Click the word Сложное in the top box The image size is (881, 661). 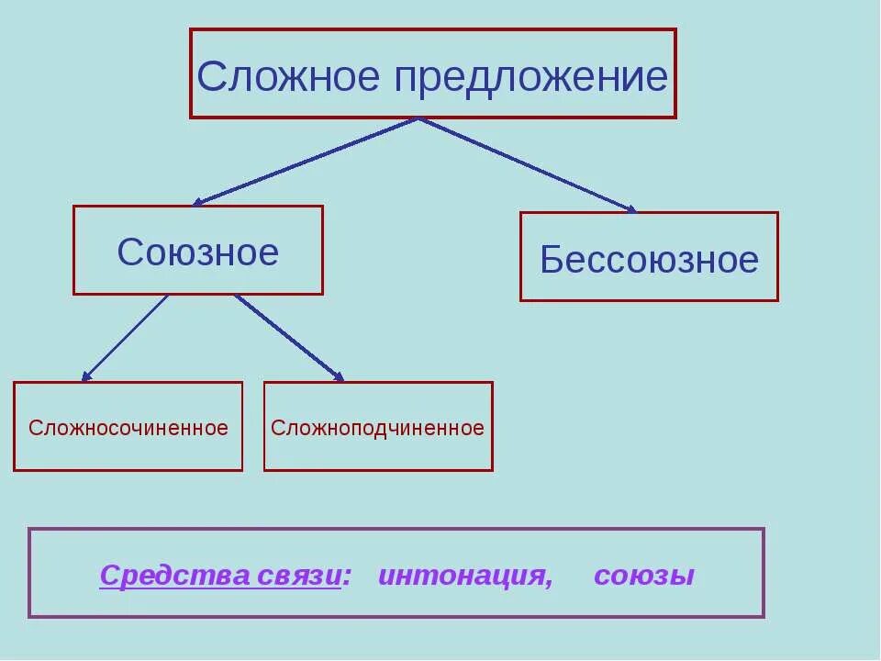288,77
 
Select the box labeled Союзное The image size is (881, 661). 198,251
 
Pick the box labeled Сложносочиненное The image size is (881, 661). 128,427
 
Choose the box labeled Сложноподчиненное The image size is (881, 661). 378,427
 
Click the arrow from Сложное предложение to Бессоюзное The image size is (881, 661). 528,165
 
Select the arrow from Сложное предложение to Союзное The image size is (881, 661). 306,161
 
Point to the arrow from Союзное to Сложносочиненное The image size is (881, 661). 126,337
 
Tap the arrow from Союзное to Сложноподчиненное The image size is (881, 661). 289,337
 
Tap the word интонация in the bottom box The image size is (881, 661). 463,576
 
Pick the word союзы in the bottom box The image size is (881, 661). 644,576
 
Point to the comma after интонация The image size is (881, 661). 549,584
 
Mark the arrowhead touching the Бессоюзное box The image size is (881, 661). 630,209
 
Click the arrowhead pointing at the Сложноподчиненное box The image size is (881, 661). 340,376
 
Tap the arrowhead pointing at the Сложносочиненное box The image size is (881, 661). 86,375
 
